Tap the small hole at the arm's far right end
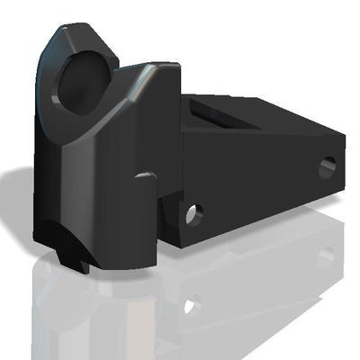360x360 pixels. (x=327, y=166)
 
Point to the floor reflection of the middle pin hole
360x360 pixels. (x=190, y=305)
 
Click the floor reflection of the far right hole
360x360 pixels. (x=326, y=256)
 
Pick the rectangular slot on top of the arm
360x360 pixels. (x=216, y=115)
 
